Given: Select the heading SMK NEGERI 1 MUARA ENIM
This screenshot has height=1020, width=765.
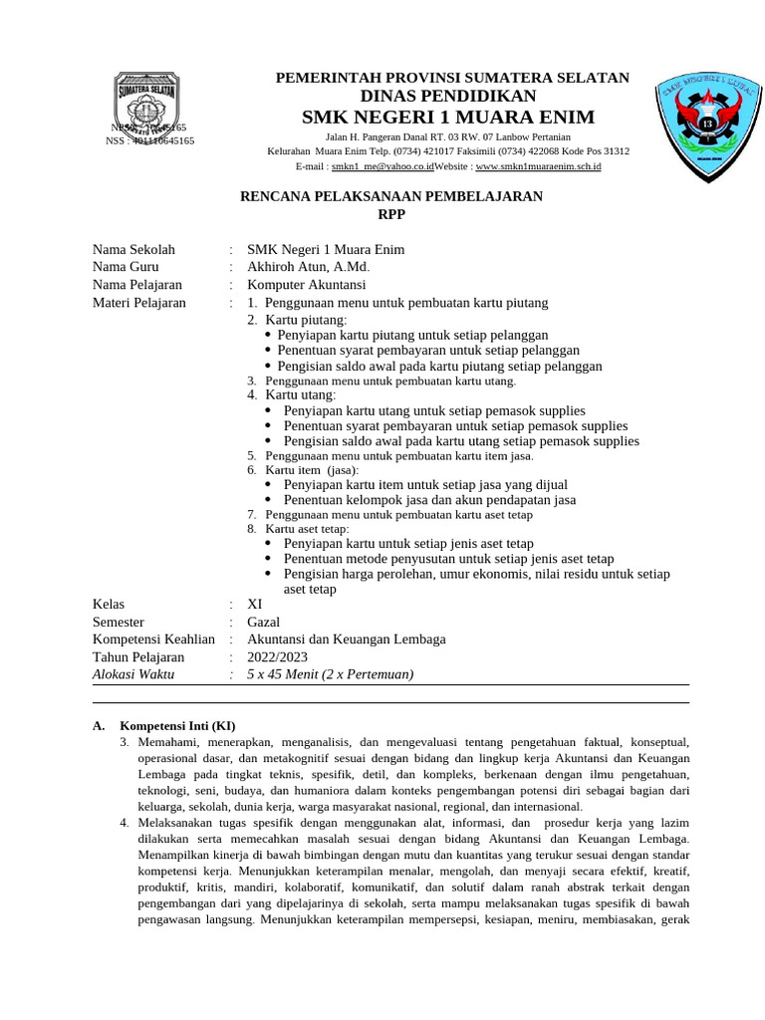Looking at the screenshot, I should (448, 118).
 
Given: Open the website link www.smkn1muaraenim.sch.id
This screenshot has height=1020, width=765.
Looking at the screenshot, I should (538, 167).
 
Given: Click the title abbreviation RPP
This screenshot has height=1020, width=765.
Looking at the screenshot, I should (392, 214).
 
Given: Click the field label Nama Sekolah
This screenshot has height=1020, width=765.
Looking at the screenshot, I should (133, 249).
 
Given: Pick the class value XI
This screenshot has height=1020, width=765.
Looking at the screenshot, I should (254, 604).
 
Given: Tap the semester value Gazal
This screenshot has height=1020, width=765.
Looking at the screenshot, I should (263, 622).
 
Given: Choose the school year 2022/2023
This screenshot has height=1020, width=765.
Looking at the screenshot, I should (277, 656).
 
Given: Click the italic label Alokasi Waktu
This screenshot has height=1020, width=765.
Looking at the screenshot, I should (132, 674).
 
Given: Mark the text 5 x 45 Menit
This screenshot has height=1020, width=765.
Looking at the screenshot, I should (286, 674).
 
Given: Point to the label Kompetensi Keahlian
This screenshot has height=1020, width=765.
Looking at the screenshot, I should (153, 638).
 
